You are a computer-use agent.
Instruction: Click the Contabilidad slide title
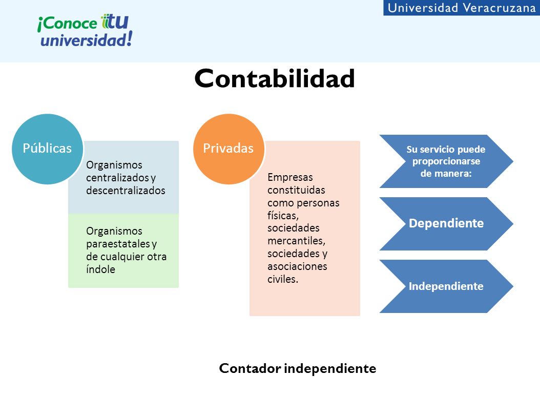[x=275, y=78]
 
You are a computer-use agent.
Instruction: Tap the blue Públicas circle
[x=47, y=149]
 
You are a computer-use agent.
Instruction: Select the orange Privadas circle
[x=229, y=149]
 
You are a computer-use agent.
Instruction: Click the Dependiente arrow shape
[x=446, y=223]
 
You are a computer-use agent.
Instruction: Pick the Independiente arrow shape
[x=446, y=286]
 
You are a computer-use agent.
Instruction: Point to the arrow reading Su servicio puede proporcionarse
[x=446, y=161]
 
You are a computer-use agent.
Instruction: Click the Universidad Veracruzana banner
[x=462, y=8]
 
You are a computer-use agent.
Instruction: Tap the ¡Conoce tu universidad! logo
[x=85, y=30]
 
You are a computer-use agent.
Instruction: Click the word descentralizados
[x=126, y=191]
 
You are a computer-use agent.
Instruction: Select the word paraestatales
[x=118, y=244]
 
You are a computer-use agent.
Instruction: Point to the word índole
[x=100, y=269]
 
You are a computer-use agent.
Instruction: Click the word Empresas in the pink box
[x=290, y=177]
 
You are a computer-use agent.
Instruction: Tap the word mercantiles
[x=297, y=241]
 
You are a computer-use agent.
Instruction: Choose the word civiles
[x=283, y=279]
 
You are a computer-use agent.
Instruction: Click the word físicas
[x=283, y=216]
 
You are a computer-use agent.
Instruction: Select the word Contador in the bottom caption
[x=250, y=368]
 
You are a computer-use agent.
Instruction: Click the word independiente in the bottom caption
[x=330, y=369]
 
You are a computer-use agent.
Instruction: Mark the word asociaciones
[x=297, y=266]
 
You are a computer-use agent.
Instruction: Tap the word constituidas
[x=296, y=190]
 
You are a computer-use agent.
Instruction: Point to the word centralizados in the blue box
[x=117, y=178]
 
